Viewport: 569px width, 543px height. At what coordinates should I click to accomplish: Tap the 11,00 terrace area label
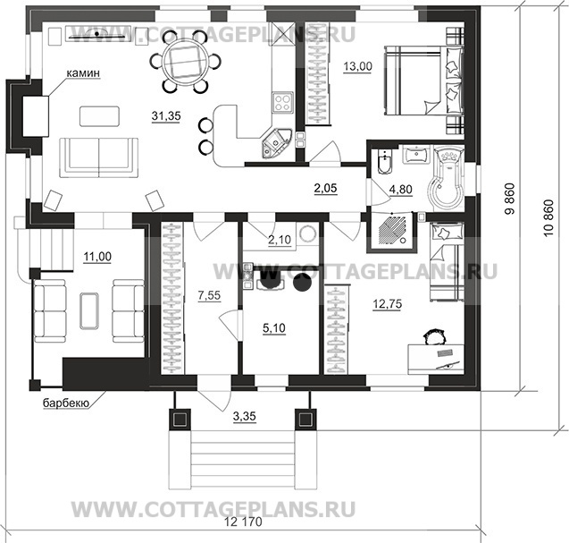click(74, 258)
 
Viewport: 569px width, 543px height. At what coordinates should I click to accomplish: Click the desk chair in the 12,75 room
click(435, 337)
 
